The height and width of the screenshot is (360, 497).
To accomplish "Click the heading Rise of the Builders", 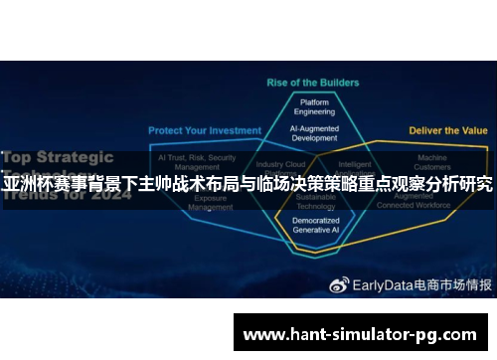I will (x=307, y=82).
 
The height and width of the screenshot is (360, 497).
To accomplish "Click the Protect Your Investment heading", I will (x=205, y=130).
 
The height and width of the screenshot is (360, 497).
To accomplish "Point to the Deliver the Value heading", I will (x=448, y=130).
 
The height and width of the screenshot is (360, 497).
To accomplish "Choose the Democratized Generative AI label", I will (x=315, y=225).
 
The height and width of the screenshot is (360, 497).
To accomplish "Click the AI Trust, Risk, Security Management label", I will (x=197, y=162).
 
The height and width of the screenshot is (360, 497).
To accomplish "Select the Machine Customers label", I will (x=431, y=162).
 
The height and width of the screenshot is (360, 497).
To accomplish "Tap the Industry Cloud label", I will (x=280, y=164).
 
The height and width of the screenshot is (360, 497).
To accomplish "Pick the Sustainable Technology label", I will (x=316, y=203).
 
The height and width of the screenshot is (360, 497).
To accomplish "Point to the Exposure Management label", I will (x=213, y=203).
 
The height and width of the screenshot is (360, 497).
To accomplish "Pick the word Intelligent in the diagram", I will (x=355, y=164).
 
